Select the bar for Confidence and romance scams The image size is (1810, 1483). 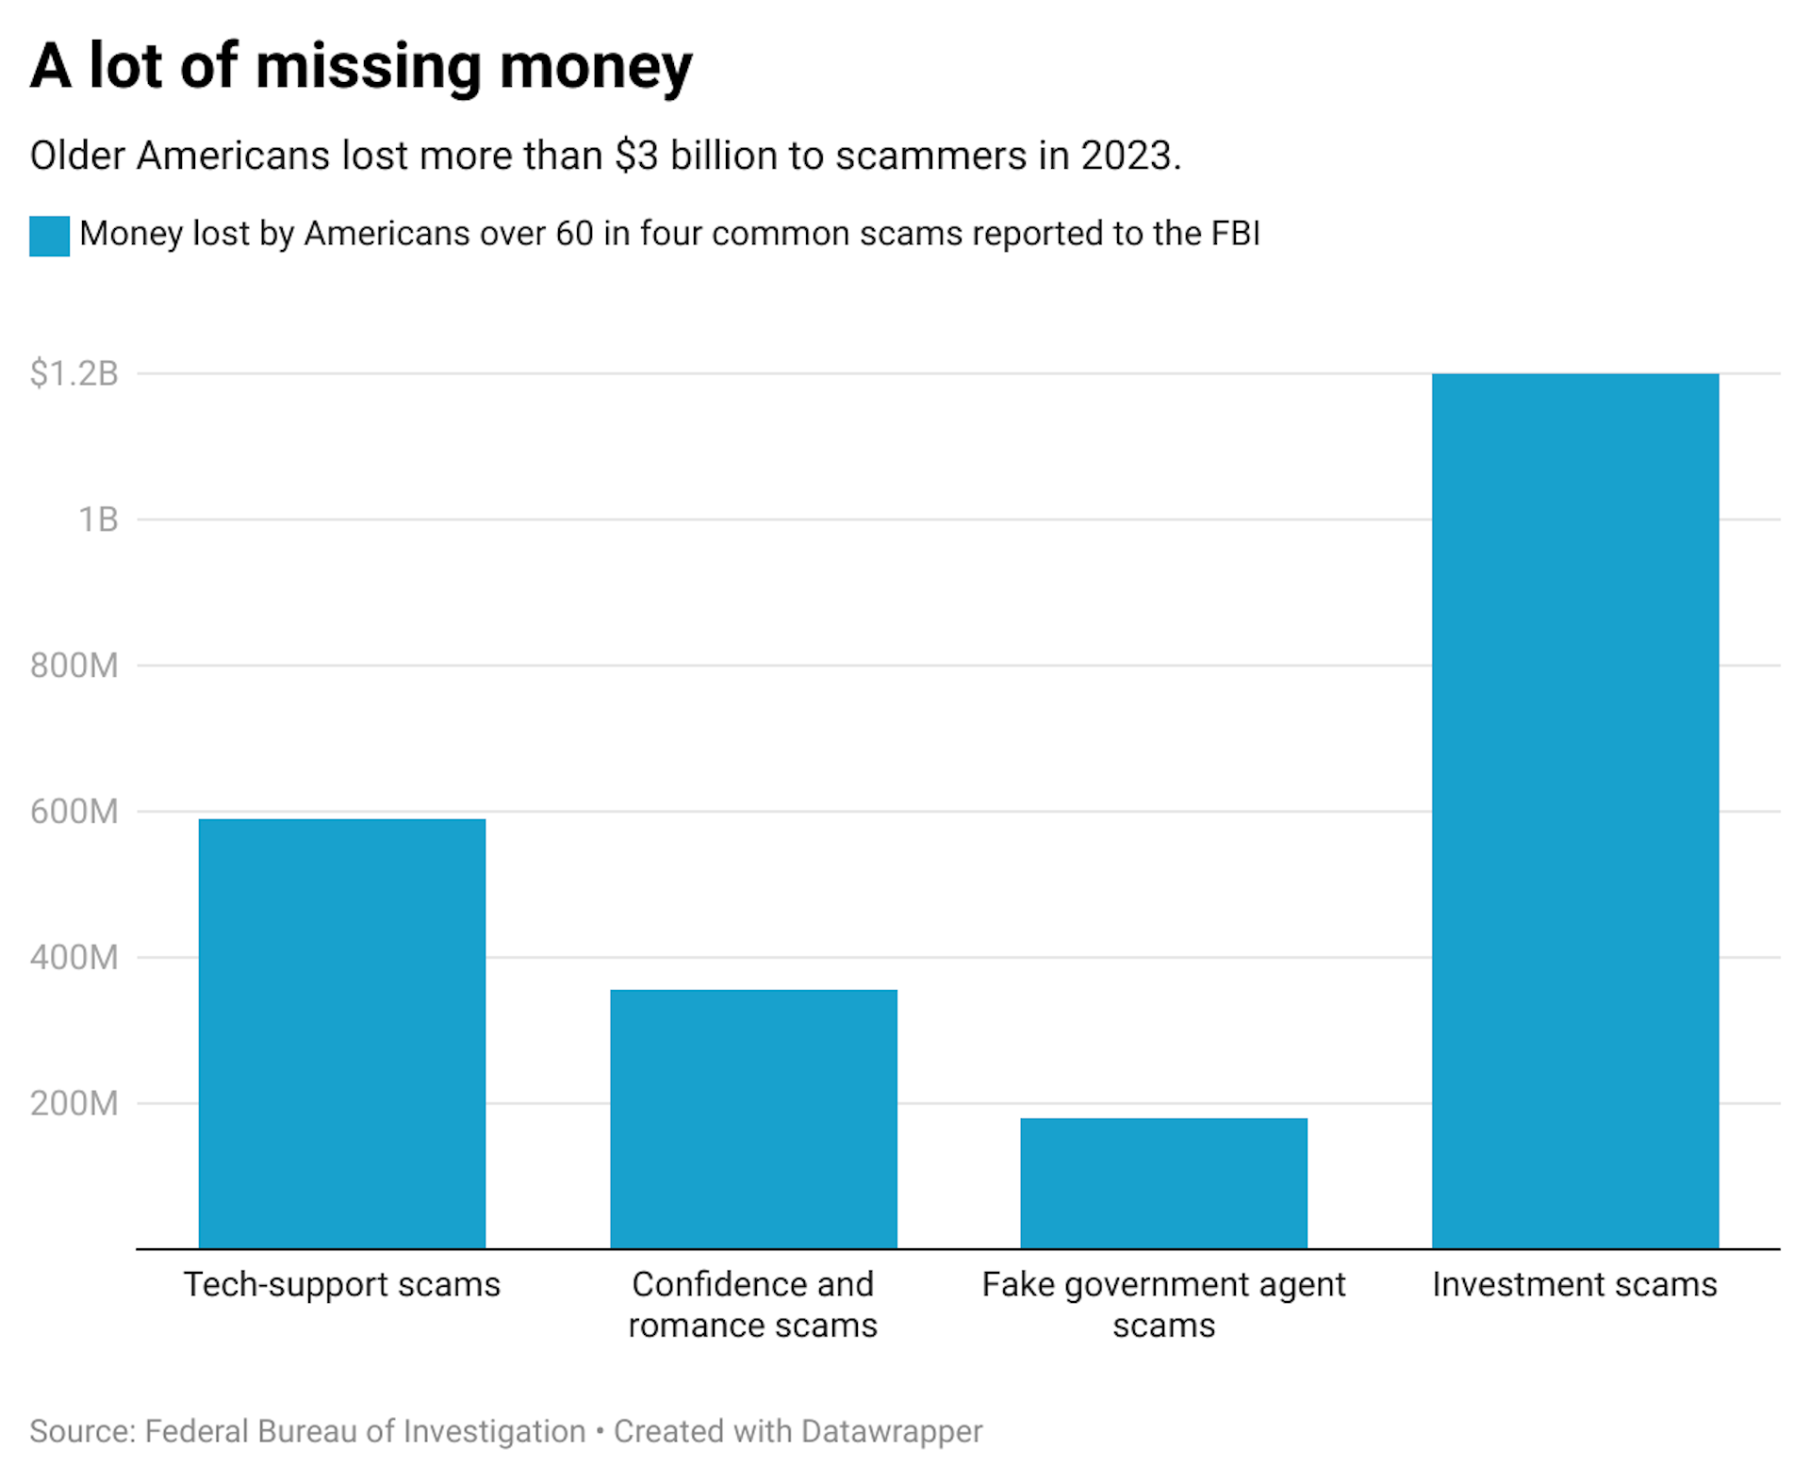[x=753, y=1118]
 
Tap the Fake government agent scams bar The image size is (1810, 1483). [x=1163, y=1182]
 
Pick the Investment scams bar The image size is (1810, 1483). [x=1574, y=811]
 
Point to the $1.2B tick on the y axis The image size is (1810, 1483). [x=74, y=374]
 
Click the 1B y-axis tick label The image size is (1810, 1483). [x=97, y=519]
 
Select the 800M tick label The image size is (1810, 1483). [x=74, y=666]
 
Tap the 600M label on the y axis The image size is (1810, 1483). [x=74, y=812]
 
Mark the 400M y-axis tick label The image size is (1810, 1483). [x=74, y=958]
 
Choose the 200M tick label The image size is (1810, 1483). [x=74, y=1103]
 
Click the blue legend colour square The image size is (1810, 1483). [x=49, y=236]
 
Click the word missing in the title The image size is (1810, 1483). [x=368, y=68]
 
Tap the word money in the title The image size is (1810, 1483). [x=596, y=68]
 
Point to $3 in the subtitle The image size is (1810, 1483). [x=636, y=156]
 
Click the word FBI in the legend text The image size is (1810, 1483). [x=1235, y=233]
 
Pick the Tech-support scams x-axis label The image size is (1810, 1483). [x=342, y=1284]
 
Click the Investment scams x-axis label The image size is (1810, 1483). [x=1574, y=1284]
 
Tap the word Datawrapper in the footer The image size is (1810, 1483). [x=891, y=1431]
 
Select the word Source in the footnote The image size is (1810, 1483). [x=82, y=1431]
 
